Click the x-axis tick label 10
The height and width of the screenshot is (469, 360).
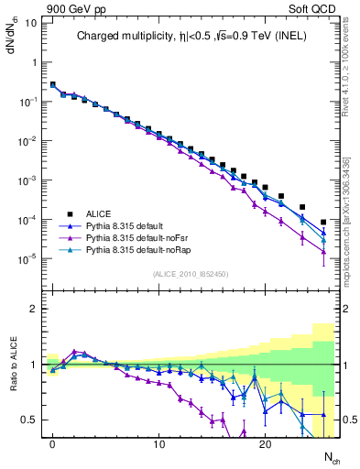coord(158,445)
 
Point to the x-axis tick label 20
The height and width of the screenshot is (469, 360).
coord(265,445)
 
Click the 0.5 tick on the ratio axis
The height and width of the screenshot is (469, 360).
coord(29,420)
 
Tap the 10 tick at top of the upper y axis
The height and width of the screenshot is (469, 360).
coord(31,22)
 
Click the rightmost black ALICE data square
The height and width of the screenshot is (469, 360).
coord(323,223)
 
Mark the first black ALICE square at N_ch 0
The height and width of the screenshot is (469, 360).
coord(52,84)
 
